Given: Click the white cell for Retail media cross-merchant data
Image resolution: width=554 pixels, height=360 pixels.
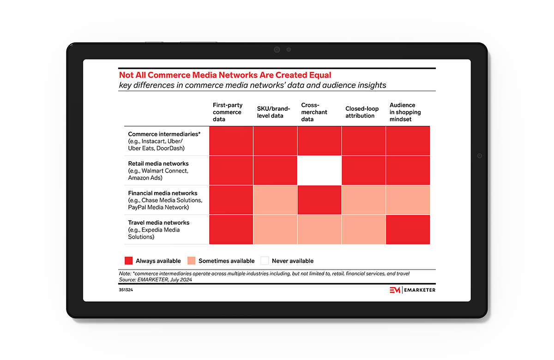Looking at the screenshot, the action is coord(319,170).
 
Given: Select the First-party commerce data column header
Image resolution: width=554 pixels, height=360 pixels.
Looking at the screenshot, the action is coord(228,112).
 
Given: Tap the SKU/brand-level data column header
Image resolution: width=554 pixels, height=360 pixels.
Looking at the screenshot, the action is coord(273,112).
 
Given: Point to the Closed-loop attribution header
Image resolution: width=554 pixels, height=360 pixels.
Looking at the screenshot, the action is coord(362,112).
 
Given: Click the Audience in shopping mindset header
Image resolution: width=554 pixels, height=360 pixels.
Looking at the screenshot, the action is coord(405,112).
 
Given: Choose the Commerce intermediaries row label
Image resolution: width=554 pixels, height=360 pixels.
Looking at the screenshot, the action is coord(164,141).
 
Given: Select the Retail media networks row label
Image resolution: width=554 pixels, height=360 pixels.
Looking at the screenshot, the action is coord(158,171).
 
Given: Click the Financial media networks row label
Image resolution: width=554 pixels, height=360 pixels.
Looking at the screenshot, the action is coord(165,200).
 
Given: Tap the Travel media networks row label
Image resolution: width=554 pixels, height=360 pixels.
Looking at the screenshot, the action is coord(158,230).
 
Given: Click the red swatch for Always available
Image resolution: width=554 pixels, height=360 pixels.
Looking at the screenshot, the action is coord(129,261).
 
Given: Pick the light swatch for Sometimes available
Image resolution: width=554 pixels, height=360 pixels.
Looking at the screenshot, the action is coord(192,261).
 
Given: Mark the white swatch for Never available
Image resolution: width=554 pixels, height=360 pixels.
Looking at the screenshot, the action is coord(265,261).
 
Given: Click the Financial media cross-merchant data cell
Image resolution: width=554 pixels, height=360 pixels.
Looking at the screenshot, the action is coord(319,200).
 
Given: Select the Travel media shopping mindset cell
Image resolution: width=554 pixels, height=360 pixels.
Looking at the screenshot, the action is coord(408,229).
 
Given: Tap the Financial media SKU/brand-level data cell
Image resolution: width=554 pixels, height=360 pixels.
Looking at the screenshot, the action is coord(275,200).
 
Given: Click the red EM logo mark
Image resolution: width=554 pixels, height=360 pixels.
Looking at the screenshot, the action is coord(395,290).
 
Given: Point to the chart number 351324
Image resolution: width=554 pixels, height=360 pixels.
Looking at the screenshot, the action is coord(126,290).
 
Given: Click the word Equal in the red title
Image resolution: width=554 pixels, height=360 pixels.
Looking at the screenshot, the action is coord(319,75).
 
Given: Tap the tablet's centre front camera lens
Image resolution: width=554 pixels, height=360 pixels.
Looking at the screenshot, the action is coord(277,50).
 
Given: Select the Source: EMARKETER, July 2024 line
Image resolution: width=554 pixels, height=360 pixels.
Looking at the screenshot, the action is coord(155,280).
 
